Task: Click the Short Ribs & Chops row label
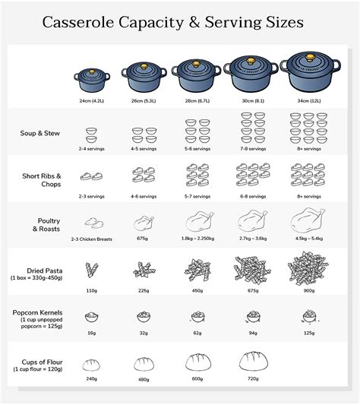tap(43, 180)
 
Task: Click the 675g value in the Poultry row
tap(141, 239)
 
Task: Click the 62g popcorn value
tap(197, 332)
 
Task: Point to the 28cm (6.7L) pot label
tap(197, 100)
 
